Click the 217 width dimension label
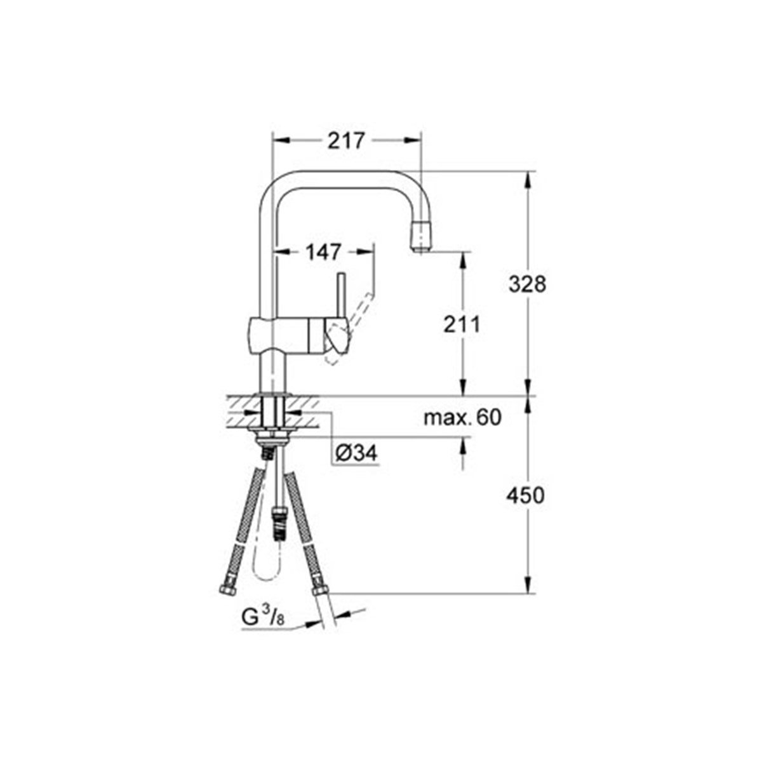point(346,140)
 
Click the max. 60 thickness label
point(462,417)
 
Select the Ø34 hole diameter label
point(356,453)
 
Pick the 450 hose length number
point(526,495)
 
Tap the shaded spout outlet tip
point(421,237)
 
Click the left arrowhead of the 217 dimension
point(279,140)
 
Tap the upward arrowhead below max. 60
point(462,446)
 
